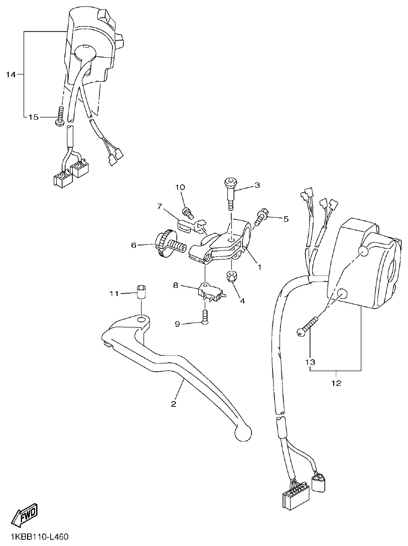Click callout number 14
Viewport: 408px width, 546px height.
coord(11,75)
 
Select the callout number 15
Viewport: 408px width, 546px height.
coord(33,117)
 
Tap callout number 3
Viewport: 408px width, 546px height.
coord(257,185)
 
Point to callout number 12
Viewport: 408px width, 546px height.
coord(336,383)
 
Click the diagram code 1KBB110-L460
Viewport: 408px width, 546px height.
coord(35,537)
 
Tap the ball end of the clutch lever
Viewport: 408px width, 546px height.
coord(243,433)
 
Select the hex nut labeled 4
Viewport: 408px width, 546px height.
coord(232,276)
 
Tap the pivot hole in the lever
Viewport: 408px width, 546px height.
coord(141,318)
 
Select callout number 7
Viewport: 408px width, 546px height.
coord(159,206)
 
